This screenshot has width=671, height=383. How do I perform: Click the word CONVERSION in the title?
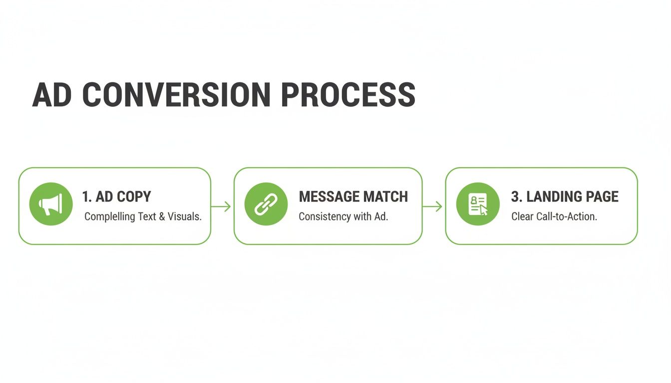point(176,95)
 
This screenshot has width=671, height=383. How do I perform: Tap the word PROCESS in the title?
point(348,95)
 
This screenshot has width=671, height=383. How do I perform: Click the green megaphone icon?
point(51,204)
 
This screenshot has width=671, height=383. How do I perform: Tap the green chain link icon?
point(266,204)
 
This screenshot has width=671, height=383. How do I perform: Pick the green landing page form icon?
point(478,204)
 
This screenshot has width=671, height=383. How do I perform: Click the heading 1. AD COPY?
point(116,196)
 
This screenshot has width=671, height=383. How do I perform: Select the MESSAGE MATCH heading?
point(353,196)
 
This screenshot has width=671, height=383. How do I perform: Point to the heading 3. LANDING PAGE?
point(565,196)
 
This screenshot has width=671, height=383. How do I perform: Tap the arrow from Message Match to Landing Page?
point(433,206)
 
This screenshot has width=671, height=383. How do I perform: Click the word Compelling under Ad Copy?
point(109,217)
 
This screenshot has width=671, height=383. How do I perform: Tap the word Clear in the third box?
point(522,217)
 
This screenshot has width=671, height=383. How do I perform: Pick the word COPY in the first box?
point(134,196)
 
